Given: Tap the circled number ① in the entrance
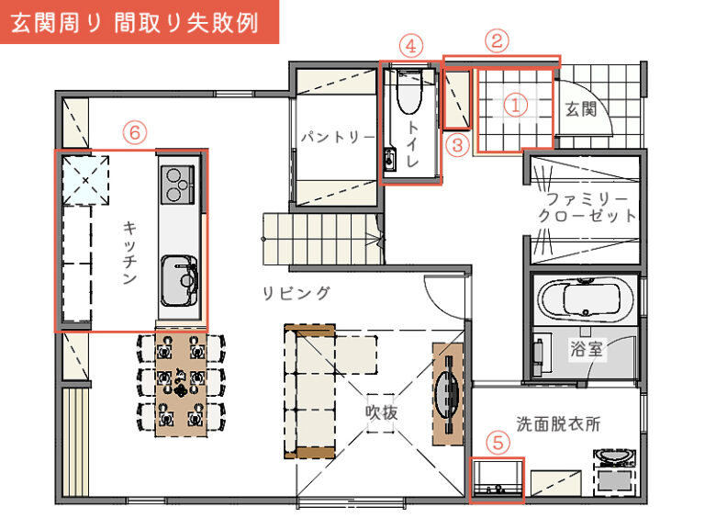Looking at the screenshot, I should pyautogui.click(x=516, y=107).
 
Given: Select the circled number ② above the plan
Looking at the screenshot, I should pyautogui.click(x=497, y=40).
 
